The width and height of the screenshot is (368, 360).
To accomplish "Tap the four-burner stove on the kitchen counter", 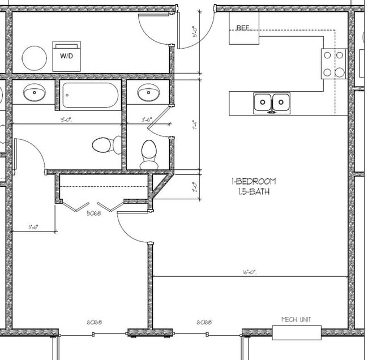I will pos(333,63).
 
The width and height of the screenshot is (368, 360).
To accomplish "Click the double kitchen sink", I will pos(271,103).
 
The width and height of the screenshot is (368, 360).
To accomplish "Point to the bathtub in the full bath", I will pos(90,96).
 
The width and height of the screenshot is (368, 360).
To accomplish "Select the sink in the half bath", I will pos(148,92).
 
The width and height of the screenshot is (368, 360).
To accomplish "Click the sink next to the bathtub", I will pos(34,92).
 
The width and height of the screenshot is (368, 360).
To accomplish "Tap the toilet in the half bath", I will pos(148,153).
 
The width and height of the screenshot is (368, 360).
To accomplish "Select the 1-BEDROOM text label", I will pos(253,182).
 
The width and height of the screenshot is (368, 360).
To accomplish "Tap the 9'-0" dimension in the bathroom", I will pos(66,120).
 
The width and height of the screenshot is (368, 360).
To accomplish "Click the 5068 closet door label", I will pos(94,215).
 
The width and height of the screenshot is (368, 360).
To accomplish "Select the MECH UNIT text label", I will pos(296,319).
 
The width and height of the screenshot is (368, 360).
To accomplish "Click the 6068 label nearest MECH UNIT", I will pos(204,322).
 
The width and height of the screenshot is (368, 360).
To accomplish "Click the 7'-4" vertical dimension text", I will pos(194,126).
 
